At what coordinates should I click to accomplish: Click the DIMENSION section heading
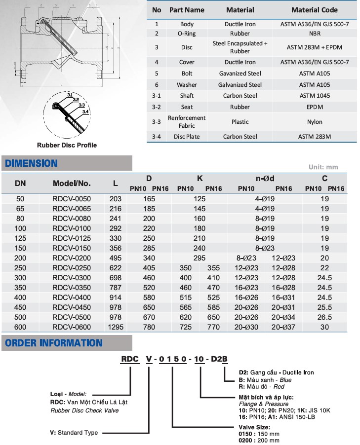tap(31, 163)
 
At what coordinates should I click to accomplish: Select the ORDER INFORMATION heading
tap(53, 343)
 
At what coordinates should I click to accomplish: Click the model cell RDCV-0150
tap(72, 248)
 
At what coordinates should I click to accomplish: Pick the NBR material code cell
tap(315, 34)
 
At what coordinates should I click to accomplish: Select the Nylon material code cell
tap(315, 122)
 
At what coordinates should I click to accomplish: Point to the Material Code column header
tap(315, 10)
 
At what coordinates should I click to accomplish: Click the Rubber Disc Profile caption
tap(67, 145)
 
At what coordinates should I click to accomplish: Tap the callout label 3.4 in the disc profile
tap(85, 112)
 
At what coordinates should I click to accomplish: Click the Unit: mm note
tap(323, 167)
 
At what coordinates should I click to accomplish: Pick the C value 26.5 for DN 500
tap(324, 317)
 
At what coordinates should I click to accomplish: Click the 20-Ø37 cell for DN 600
tap(283, 327)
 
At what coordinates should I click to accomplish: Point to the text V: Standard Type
tap(74, 433)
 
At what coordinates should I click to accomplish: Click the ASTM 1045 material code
tap(315, 96)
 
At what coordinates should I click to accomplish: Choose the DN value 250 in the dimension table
tap(20, 267)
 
